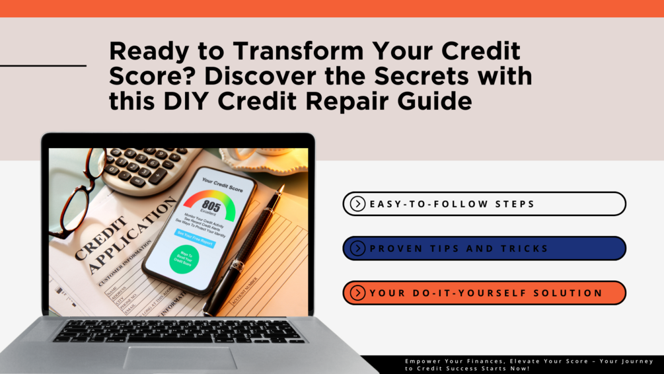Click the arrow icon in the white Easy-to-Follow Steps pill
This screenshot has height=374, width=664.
357,204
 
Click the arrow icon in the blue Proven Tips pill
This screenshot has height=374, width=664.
357,248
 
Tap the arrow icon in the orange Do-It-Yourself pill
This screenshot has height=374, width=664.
357,293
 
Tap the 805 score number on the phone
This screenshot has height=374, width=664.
211,206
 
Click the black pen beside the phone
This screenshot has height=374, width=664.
244,251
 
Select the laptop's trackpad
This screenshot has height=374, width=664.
179,357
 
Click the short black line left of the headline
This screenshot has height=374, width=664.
43,65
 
